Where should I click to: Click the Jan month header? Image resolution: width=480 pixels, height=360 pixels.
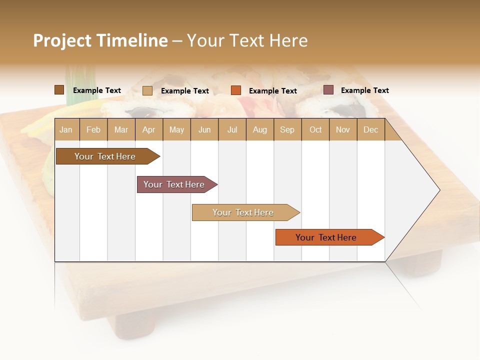click(x=66, y=129)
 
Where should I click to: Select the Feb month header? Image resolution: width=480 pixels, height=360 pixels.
click(x=93, y=129)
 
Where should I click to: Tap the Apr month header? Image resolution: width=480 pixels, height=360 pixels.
click(x=149, y=129)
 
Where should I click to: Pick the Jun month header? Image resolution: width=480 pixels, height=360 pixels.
click(x=204, y=129)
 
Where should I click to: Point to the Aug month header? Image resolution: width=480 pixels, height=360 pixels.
click(x=260, y=129)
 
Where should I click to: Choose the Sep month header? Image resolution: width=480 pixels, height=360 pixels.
click(x=287, y=129)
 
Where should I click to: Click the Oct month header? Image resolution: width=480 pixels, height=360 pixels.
click(x=315, y=129)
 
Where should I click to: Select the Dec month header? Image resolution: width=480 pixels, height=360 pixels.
click(x=371, y=129)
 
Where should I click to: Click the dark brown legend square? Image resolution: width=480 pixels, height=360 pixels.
click(x=59, y=90)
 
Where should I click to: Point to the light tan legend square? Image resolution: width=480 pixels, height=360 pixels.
click(x=147, y=90)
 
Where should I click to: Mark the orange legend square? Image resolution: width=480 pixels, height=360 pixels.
click(x=236, y=90)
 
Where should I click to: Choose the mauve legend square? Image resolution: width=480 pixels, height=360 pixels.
click(x=328, y=90)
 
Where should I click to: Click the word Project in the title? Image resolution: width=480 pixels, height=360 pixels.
click(x=62, y=40)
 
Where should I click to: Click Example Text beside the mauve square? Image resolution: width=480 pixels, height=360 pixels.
click(x=364, y=90)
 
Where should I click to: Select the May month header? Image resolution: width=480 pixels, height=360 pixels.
click(x=176, y=129)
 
